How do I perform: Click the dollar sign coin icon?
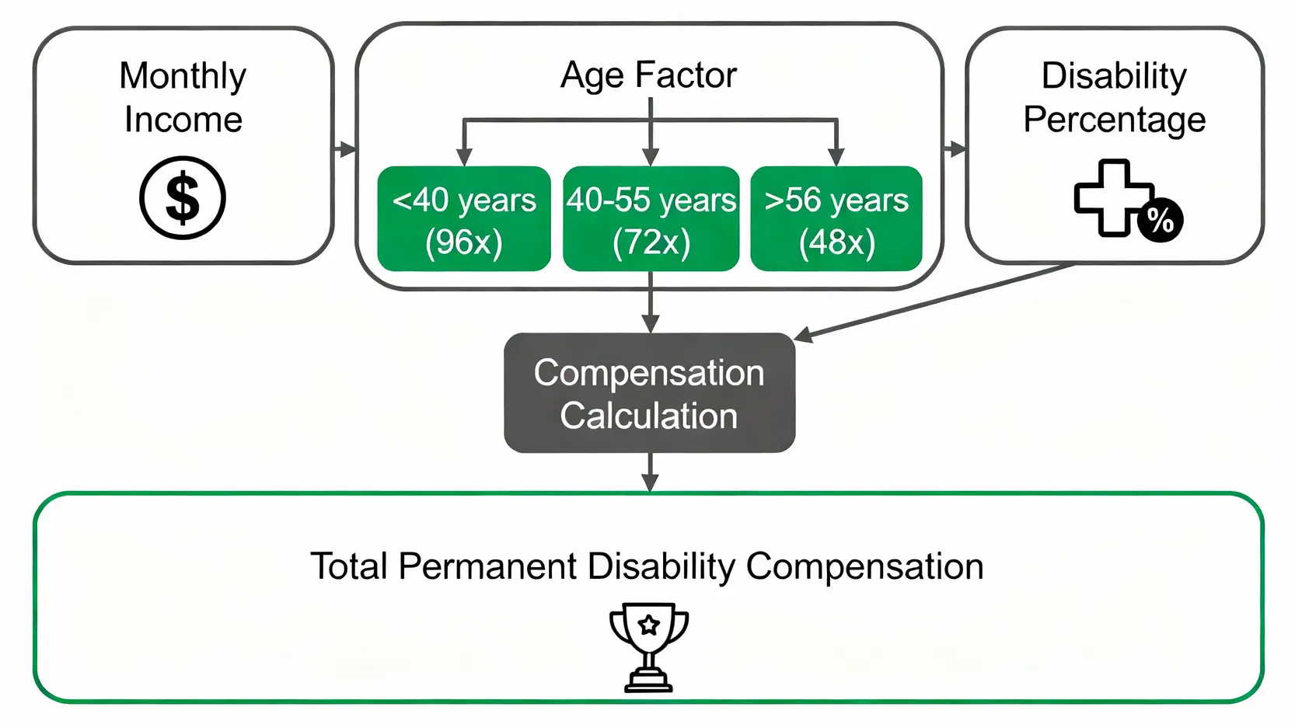(182, 197)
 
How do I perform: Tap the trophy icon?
(648, 647)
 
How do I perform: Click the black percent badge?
(1161, 220)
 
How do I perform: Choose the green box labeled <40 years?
(463, 218)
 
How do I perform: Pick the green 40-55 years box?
(651, 218)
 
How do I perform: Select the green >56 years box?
(836, 218)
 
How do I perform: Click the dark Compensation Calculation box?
(649, 393)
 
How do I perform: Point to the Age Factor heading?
(648, 75)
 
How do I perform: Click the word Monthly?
(183, 76)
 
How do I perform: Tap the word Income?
(183, 120)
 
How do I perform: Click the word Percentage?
(1114, 120)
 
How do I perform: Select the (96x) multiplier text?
(463, 242)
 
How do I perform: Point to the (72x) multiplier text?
(651, 242)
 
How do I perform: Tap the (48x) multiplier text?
(836, 242)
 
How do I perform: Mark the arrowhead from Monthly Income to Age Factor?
(348, 149)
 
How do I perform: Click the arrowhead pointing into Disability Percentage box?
(958, 149)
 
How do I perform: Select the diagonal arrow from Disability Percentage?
(935, 301)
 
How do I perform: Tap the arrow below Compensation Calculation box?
(651, 472)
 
